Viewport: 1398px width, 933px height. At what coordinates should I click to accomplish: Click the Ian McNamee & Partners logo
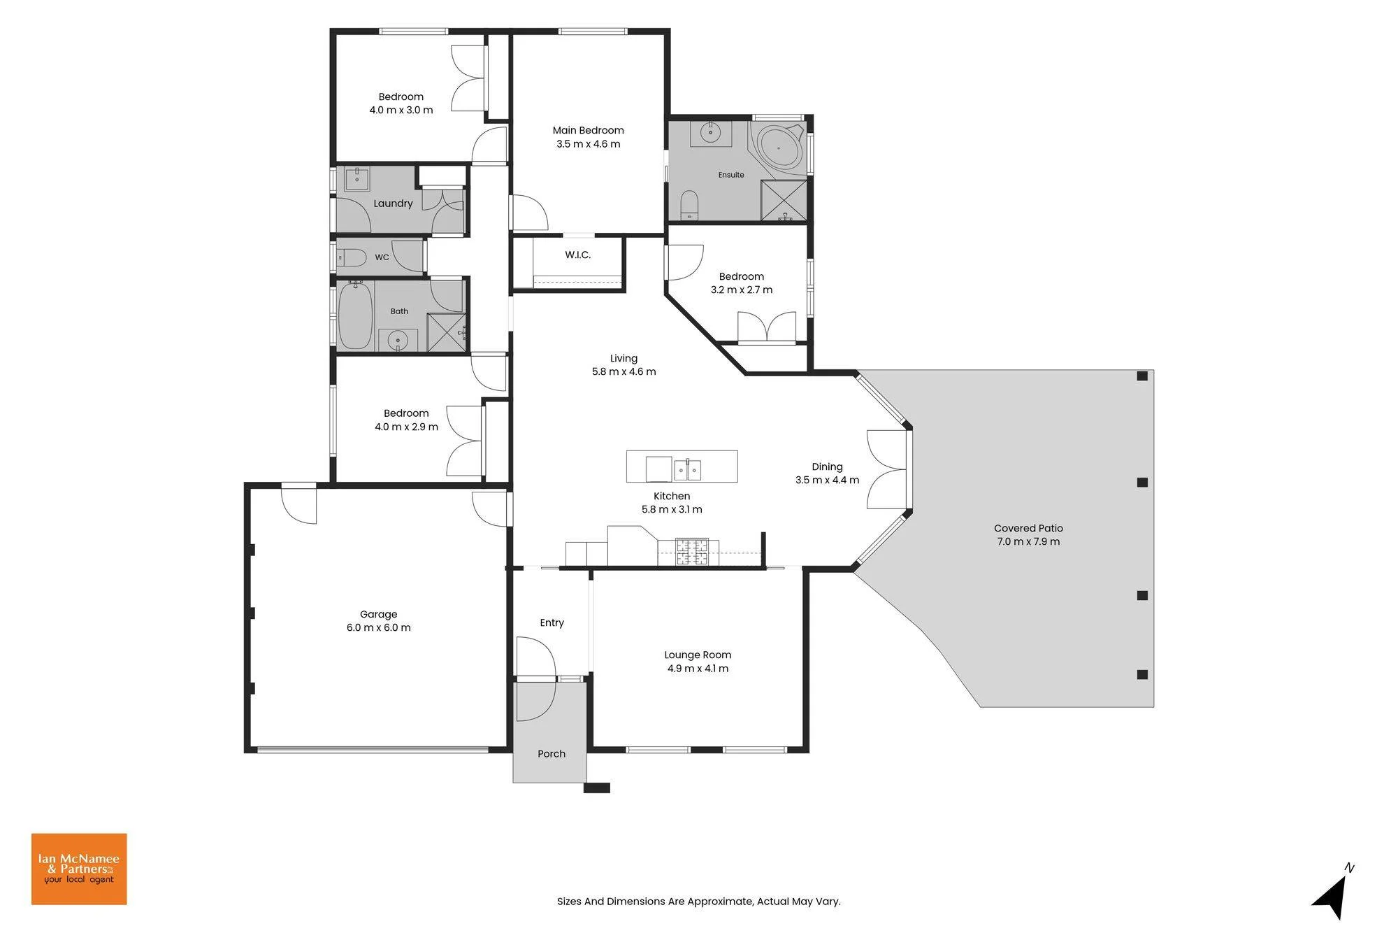click(x=79, y=869)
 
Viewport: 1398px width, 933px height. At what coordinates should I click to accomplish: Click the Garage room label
click(x=378, y=614)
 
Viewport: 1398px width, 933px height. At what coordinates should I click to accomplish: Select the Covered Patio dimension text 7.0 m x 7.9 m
click(x=1028, y=541)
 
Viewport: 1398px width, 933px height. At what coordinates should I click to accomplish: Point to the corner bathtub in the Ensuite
click(x=779, y=147)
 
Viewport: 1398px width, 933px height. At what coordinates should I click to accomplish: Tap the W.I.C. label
click(x=578, y=255)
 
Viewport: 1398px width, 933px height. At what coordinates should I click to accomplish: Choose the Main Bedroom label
click(x=588, y=130)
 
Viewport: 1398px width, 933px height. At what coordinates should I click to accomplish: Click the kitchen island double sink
click(x=687, y=470)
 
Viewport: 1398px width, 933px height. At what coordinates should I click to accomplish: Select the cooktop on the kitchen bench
click(x=692, y=551)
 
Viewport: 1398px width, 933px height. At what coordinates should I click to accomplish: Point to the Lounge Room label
click(x=698, y=655)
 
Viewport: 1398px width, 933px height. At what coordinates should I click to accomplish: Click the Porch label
click(x=552, y=753)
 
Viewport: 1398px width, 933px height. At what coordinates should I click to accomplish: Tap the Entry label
click(x=552, y=622)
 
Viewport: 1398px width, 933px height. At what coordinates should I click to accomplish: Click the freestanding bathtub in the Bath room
click(x=355, y=315)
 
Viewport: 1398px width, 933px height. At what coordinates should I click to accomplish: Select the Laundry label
click(x=393, y=204)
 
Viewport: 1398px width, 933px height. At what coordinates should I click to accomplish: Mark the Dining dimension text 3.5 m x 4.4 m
click(x=827, y=480)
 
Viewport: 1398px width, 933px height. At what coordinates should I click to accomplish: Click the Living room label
click(x=624, y=358)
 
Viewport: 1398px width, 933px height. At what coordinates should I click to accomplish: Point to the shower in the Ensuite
click(x=783, y=200)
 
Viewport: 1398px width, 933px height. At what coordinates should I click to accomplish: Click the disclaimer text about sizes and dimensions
click(x=699, y=902)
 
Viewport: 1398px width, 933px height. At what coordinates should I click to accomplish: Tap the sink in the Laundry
click(x=357, y=179)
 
